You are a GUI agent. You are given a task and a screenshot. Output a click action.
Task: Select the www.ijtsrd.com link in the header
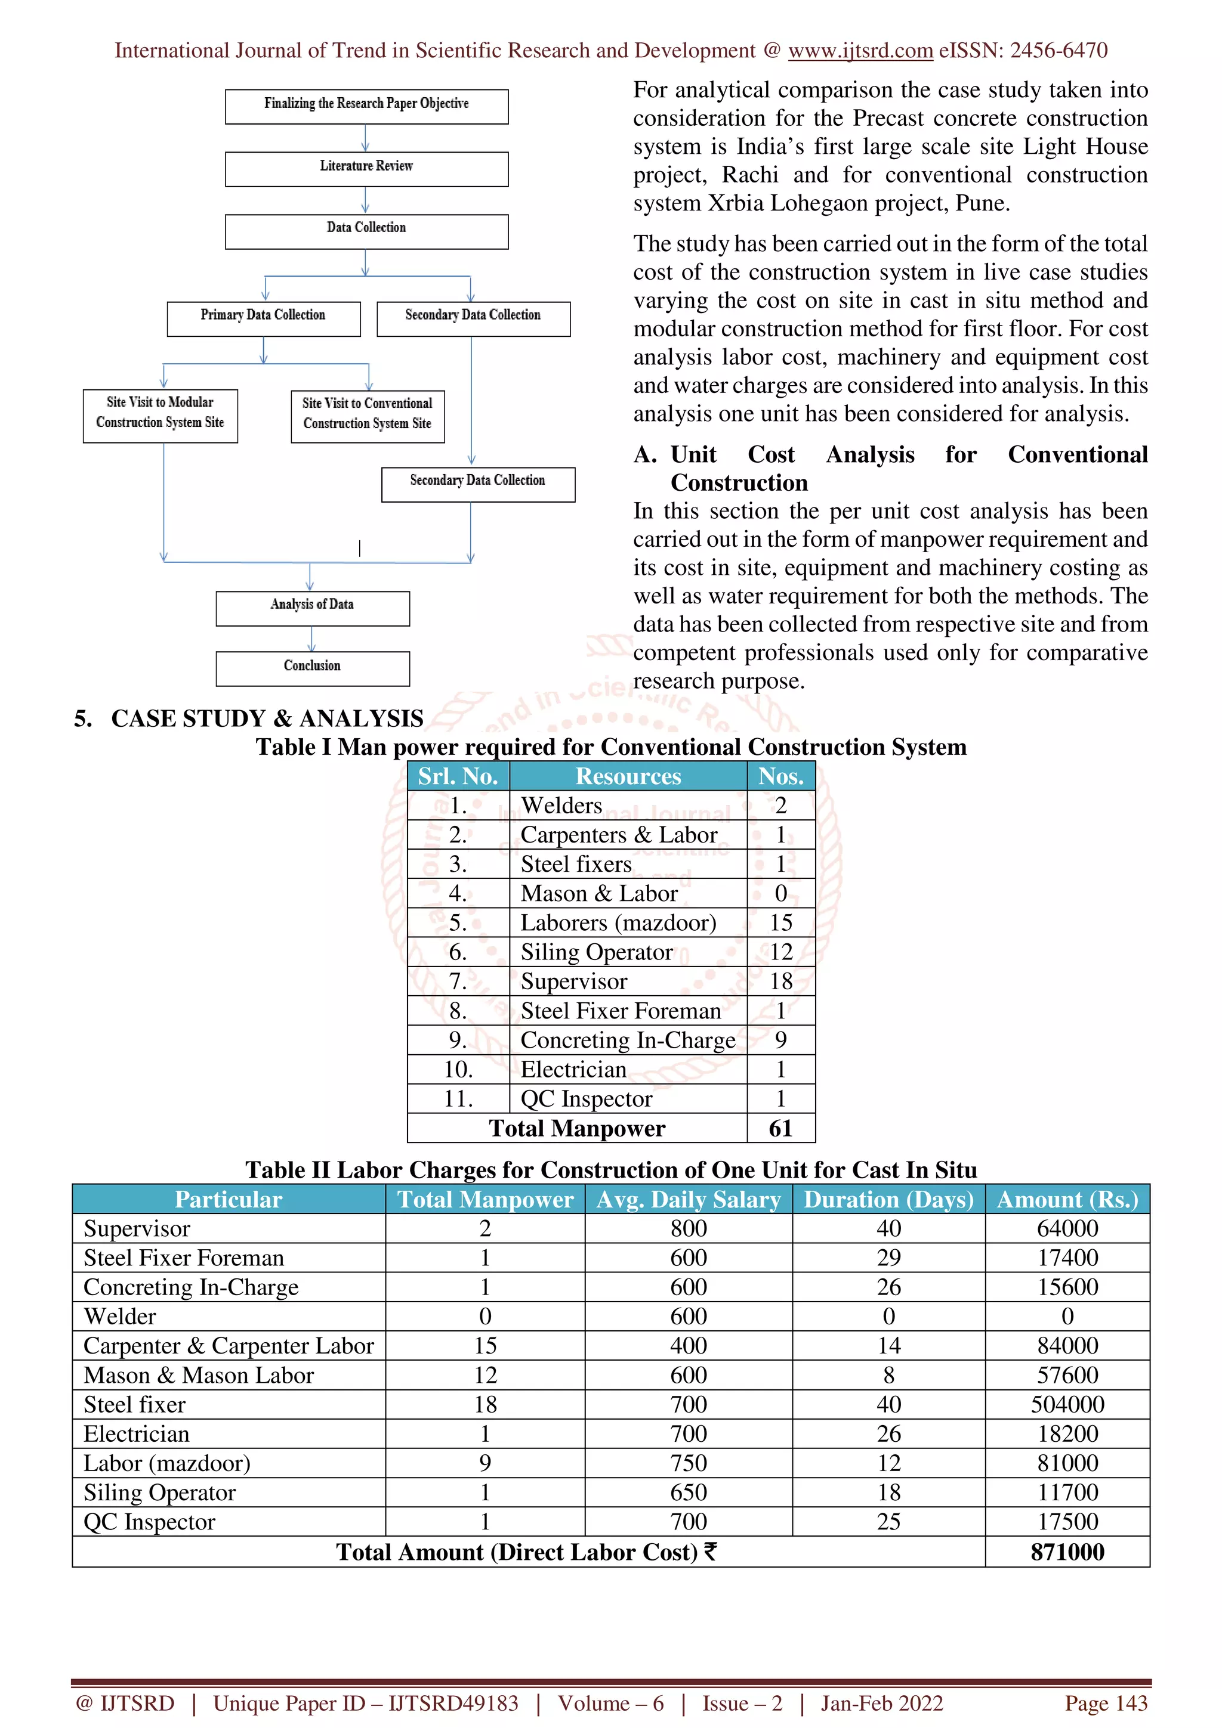860,51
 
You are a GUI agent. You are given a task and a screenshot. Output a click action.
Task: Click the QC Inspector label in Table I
587,1099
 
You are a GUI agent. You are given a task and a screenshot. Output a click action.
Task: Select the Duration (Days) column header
888,1199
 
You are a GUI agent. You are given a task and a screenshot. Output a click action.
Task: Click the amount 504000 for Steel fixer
1067,1404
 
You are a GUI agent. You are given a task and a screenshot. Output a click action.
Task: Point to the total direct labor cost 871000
1067,1552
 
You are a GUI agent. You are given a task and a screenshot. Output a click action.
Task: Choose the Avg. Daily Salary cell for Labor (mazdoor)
688,1463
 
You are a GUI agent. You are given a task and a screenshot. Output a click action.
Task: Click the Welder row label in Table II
120,1317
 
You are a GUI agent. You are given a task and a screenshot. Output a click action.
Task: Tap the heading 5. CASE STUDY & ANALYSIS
248,718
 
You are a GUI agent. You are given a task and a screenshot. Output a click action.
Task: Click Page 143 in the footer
1105,1703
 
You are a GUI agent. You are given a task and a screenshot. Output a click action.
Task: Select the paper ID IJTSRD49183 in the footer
453,1703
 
